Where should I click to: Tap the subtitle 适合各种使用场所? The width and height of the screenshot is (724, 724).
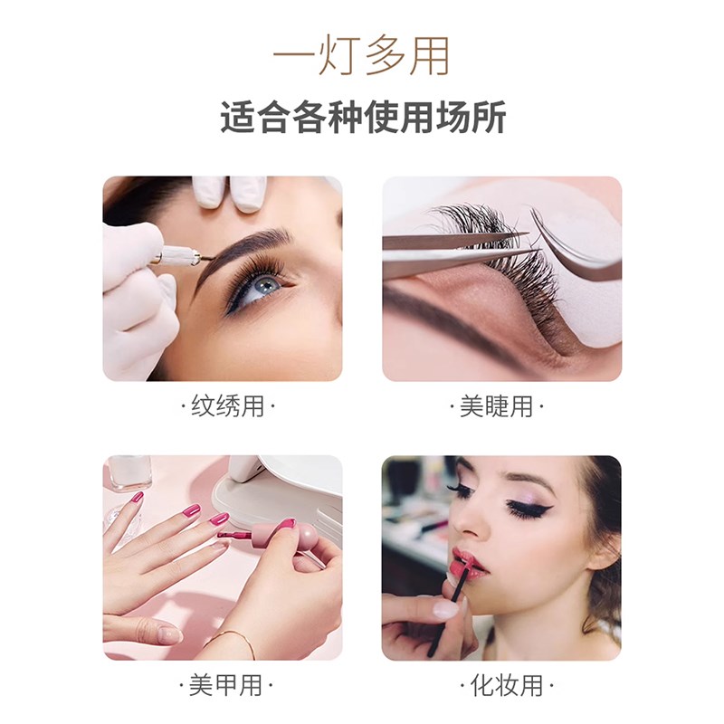[362, 119]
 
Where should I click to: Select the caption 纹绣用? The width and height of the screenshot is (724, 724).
[227, 406]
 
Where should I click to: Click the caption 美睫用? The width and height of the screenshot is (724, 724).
[497, 406]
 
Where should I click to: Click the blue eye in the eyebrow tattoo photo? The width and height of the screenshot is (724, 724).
[263, 284]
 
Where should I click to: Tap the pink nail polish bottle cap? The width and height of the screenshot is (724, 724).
[303, 537]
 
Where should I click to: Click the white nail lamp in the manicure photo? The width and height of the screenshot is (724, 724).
[281, 489]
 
